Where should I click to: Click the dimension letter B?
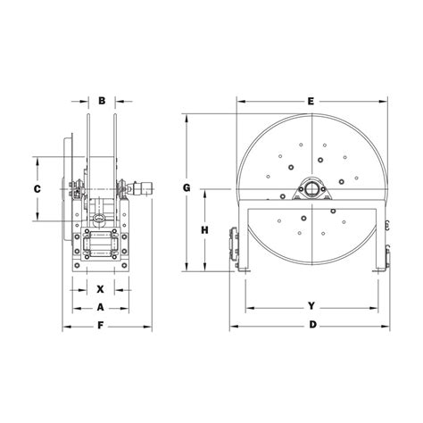coord(102,101)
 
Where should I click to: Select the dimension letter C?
coord(37,189)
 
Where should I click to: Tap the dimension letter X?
coord(101,289)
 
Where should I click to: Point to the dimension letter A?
coord(101,307)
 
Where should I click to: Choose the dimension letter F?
coord(101,326)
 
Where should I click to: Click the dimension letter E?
coord(311,101)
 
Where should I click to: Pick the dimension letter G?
coord(187,188)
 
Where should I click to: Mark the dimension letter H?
coord(204,230)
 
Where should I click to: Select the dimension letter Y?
coord(311,306)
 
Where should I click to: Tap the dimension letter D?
coord(312,325)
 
